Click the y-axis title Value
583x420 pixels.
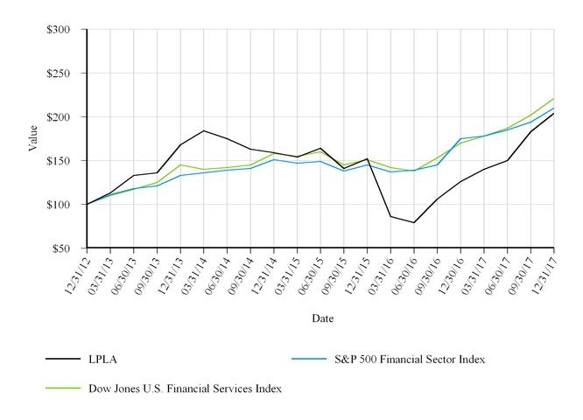coord(32,138)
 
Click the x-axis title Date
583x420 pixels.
coord(322,318)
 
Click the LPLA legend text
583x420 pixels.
coord(102,360)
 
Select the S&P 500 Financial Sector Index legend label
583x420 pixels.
coord(410,360)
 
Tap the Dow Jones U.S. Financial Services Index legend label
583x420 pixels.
coord(185,388)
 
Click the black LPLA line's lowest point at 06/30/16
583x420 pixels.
coord(414,222)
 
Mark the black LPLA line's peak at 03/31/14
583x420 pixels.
coord(204,130)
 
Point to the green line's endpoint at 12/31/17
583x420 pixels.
coord(553,98)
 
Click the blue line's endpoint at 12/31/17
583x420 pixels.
coord(553,108)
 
